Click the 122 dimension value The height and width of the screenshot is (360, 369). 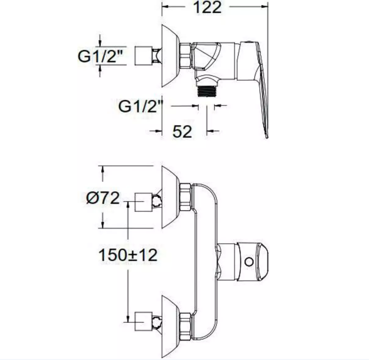(x=208, y=8)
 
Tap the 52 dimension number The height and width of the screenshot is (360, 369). (x=182, y=131)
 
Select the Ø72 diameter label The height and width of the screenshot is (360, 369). (x=103, y=198)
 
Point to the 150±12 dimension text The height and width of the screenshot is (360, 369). (x=128, y=255)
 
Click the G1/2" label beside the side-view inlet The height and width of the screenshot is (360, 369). (x=101, y=56)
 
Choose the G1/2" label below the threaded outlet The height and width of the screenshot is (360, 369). (x=141, y=106)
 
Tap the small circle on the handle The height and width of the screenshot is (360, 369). (x=249, y=262)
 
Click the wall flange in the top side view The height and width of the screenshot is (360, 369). (x=171, y=56)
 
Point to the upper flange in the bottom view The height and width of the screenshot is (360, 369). (x=171, y=197)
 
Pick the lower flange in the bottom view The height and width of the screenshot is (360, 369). (x=171, y=327)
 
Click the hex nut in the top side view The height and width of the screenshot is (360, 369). (x=185, y=56)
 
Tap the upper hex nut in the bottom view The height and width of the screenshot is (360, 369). (x=186, y=197)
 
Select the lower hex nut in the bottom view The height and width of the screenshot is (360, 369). (x=186, y=327)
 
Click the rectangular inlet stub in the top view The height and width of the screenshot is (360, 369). (x=143, y=56)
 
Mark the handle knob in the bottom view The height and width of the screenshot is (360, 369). (x=252, y=262)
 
